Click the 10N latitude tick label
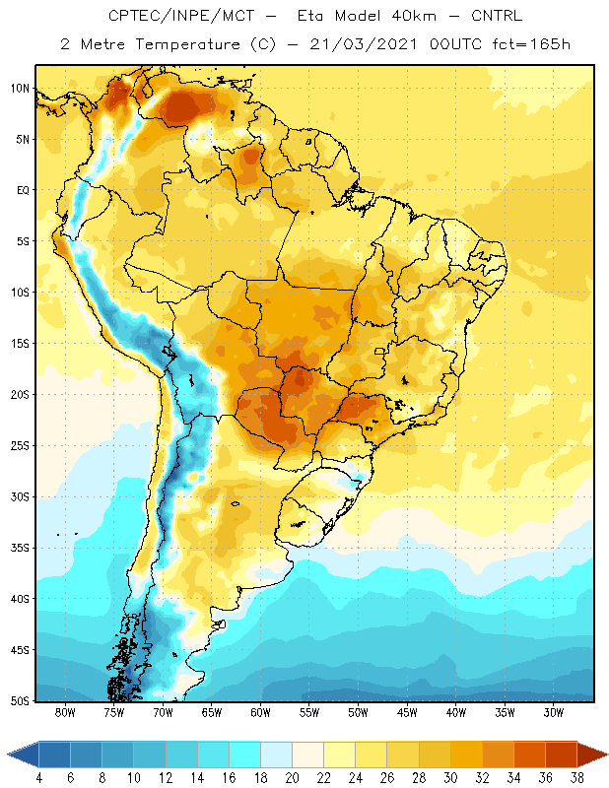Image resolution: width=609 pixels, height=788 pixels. point(20,89)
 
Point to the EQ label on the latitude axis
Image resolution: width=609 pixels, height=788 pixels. point(23,190)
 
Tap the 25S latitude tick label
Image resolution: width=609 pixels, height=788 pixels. point(20,446)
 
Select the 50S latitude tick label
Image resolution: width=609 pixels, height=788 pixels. point(20,701)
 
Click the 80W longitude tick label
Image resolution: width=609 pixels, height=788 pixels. point(65,712)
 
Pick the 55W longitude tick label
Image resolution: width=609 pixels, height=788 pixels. point(309,712)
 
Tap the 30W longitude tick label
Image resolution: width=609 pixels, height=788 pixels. point(554,712)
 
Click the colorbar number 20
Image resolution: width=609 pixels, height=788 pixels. point(292,778)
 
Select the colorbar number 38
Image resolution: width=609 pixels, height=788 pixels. point(577,778)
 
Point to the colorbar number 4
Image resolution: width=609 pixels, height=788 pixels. point(39,778)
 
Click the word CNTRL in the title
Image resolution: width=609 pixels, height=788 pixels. point(497,16)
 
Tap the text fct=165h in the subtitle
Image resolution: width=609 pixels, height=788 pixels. point(531,44)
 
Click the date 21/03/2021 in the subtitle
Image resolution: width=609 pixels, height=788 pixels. point(364,44)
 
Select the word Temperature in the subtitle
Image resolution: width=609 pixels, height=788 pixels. point(187,44)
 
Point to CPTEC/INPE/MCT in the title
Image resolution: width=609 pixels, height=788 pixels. point(181,16)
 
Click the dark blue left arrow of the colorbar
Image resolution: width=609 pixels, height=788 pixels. point(23,755)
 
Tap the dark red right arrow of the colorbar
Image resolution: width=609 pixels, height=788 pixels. point(592,755)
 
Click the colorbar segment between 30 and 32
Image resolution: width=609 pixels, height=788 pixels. point(466,755)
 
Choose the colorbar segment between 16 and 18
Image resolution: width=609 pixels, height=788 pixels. point(245,755)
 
